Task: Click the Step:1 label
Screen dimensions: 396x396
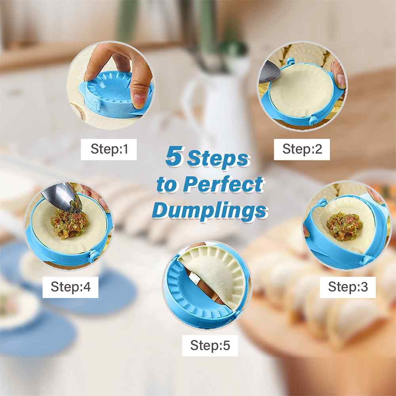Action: [109, 149]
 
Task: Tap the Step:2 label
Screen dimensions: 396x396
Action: [302, 149]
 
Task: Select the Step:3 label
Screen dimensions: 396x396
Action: [348, 287]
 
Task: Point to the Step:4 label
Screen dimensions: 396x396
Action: [70, 287]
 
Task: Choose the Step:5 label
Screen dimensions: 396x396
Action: [210, 345]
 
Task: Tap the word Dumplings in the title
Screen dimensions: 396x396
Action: [209, 211]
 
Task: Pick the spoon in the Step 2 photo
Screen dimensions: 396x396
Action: [269, 72]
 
